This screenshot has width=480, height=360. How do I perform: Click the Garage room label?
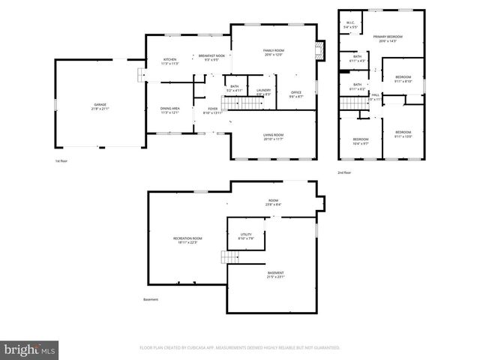tap(100, 106)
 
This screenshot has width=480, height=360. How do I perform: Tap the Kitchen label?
tap(170, 61)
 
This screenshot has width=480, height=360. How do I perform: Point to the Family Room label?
tap(274, 52)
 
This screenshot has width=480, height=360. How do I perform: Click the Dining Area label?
tap(170, 110)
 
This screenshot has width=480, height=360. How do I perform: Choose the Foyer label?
tap(213, 110)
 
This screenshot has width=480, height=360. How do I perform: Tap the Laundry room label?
tap(263, 92)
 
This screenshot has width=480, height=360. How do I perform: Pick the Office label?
tap(296, 94)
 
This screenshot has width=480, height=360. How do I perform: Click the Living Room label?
tap(273, 136)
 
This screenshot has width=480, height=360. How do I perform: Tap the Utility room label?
tap(247, 236)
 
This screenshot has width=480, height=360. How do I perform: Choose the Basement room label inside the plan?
tap(275, 274)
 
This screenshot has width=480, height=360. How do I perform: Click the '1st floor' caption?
tap(61, 160)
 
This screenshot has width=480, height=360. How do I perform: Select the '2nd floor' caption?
tap(343, 172)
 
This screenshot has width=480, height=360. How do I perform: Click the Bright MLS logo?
tap(30, 349)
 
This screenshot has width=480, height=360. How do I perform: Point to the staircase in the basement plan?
tap(231, 257)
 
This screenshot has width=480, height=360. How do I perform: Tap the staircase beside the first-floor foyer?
tap(238, 103)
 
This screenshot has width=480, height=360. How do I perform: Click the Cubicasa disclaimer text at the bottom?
tap(240, 348)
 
